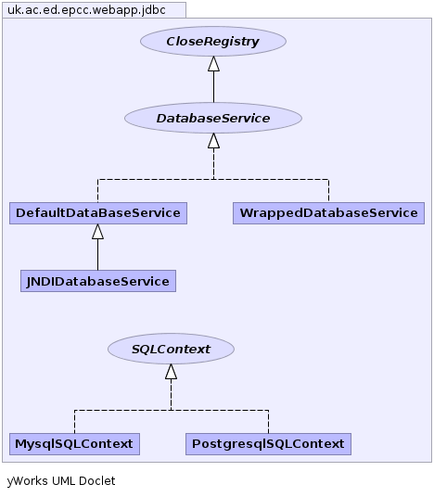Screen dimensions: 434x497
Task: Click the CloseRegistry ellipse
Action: pyautogui.click(x=213, y=41)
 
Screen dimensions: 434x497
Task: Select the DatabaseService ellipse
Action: pyautogui.click(x=213, y=118)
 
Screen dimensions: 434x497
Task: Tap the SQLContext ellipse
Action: pyautogui.click(x=171, y=349)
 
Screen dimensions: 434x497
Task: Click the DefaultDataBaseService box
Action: pyautogui.click(x=98, y=213)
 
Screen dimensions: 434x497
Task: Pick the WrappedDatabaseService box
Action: pyautogui.click(x=329, y=213)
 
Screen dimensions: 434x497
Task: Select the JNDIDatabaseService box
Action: pyautogui.click(x=98, y=281)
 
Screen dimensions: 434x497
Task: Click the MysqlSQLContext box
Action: pyautogui.click(x=74, y=444)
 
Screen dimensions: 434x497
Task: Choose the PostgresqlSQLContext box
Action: pyautogui.click(x=268, y=444)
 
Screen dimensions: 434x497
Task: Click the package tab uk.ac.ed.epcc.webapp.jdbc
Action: pyautogui.click(x=95, y=10)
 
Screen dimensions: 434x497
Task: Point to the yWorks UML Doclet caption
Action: pyautogui.click(x=61, y=481)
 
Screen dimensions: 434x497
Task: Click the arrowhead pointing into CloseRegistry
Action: pyautogui.click(x=213, y=64)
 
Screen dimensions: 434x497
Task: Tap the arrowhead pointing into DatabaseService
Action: pyautogui.click(x=213, y=141)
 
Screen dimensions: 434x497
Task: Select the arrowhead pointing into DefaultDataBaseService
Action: pyautogui.click(x=97, y=232)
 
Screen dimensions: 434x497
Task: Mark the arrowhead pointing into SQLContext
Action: pyautogui.click(x=172, y=372)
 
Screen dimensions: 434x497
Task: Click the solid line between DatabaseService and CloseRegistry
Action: pyautogui.click(x=213, y=87)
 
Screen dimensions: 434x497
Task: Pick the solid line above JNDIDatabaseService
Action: pyautogui.click(x=97, y=254)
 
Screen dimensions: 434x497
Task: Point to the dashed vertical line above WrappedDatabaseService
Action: pyautogui.click(x=329, y=191)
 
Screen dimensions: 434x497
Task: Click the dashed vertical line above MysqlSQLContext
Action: pyautogui.click(x=74, y=422)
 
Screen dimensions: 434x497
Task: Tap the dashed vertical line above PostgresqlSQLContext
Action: pyautogui.click(x=269, y=422)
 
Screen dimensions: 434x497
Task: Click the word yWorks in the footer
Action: pyautogui.click(x=28, y=481)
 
